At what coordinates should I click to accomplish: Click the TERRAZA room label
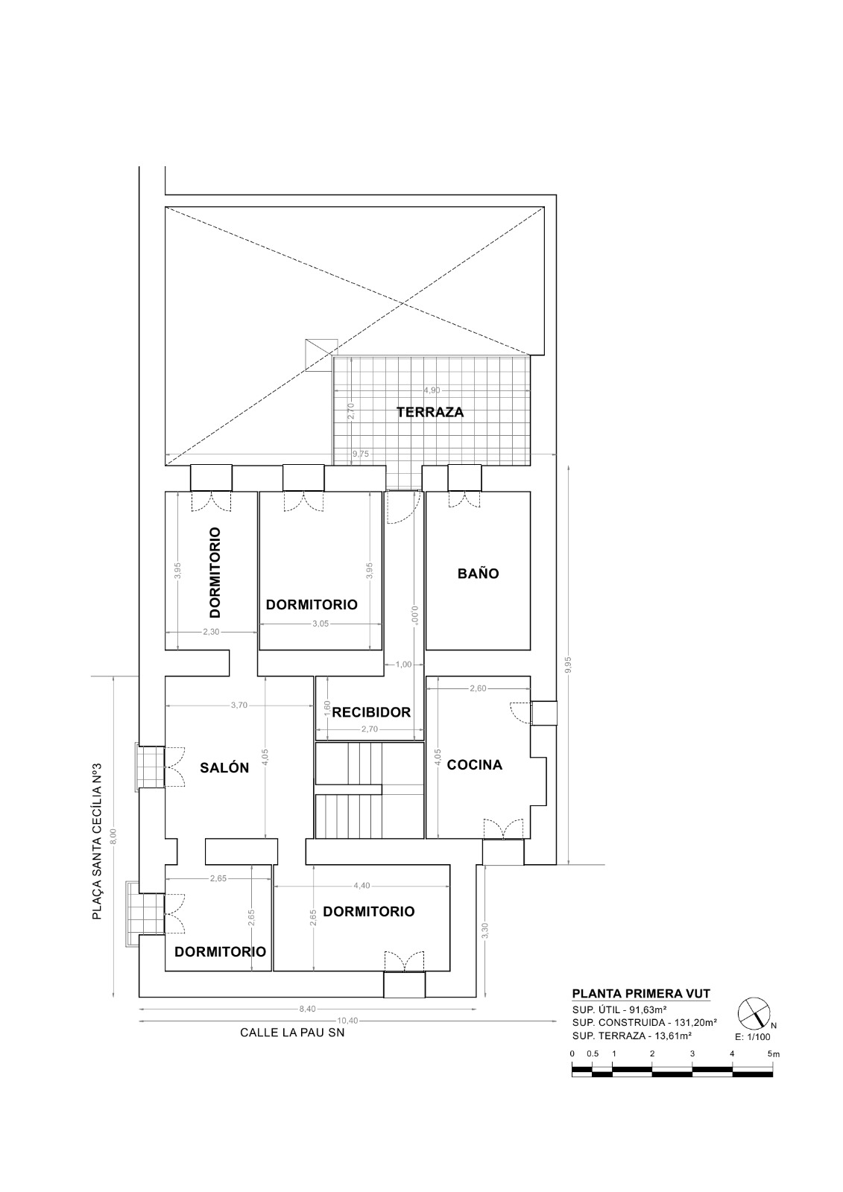point(430,412)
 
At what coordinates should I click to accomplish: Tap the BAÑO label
point(479,573)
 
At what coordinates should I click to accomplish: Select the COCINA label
point(475,764)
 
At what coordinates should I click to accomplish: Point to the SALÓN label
point(224,767)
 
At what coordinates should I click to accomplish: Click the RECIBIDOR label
point(371,712)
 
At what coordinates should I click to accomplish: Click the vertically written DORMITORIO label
point(215,573)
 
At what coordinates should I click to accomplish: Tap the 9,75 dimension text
point(361,454)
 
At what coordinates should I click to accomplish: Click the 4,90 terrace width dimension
point(432,390)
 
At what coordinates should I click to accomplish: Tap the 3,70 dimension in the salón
point(239,705)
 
